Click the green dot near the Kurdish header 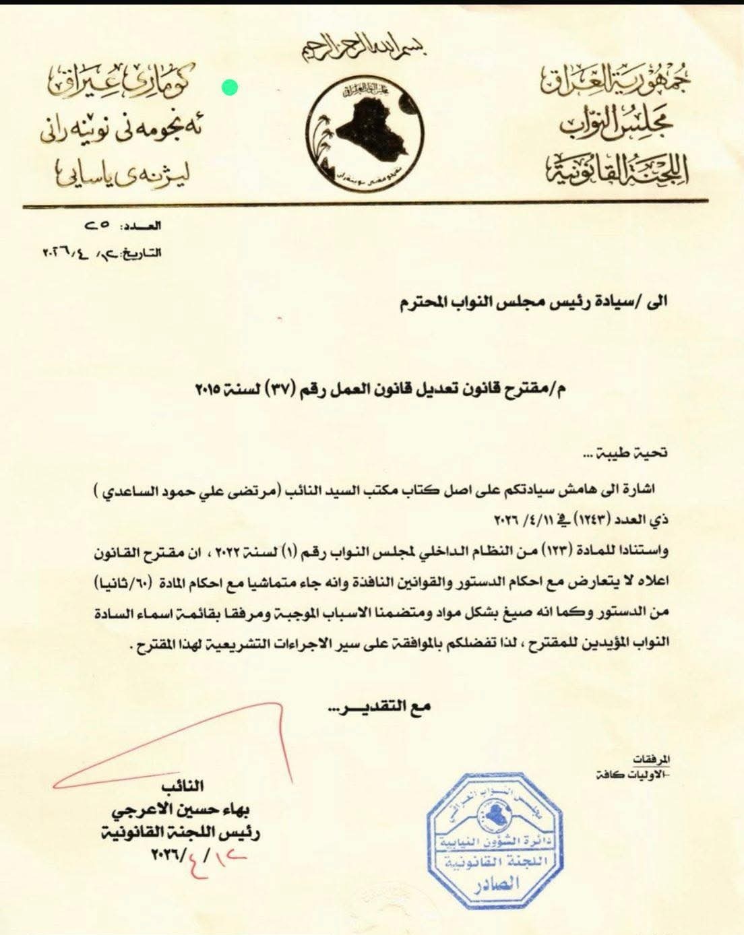click(x=229, y=87)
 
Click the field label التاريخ click(x=142, y=253)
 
